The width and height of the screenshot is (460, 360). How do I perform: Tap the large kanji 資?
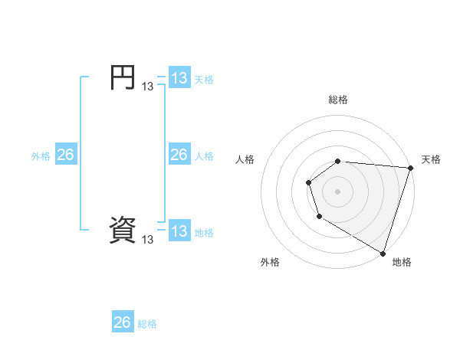[x=123, y=231]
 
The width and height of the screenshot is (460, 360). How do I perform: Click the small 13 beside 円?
[x=148, y=87]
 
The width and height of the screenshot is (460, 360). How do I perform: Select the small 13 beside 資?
[x=148, y=240]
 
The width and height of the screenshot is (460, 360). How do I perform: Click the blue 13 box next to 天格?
[x=179, y=79]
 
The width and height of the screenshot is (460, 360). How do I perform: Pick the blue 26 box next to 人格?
[x=179, y=155]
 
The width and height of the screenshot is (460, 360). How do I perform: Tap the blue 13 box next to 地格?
[x=179, y=231]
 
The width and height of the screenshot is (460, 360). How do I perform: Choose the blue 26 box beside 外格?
[x=65, y=155]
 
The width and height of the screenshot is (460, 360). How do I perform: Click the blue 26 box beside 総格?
[x=123, y=322]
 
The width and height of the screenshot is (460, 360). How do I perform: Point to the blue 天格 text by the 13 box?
[x=204, y=80]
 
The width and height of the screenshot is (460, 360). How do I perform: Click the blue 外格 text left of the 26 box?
[x=41, y=156]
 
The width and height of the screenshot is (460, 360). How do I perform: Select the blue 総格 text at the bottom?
[x=147, y=324]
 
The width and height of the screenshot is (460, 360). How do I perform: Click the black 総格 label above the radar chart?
[x=338, y=100]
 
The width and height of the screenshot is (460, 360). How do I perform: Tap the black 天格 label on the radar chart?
[x=431, y=159]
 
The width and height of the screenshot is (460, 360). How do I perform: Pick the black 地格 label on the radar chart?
[x=402, y=262]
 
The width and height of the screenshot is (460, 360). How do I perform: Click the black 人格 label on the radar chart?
[x=245, y=159]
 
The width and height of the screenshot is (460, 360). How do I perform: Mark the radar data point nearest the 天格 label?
[x=410, y=168]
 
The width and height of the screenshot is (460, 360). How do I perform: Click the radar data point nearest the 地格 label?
[x=383, y=252]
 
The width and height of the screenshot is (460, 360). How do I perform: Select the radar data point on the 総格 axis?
[x=338, y=161]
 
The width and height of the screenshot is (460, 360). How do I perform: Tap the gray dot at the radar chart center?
[x=338, y=191]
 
